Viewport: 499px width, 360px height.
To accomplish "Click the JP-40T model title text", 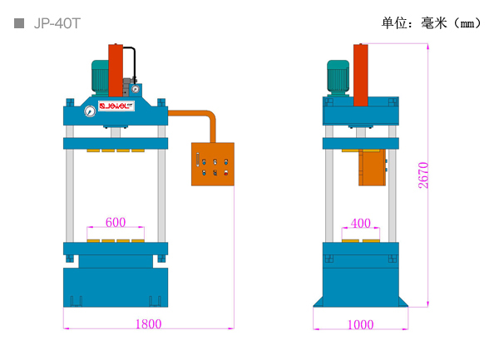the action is [57, 23].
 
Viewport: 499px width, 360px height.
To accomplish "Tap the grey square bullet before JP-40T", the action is [19, 23].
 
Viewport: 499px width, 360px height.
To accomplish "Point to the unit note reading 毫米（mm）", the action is [452, 23].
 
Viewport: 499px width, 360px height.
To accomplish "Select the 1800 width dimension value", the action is [149, 324].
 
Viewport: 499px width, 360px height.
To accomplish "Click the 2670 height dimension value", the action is [423, 175].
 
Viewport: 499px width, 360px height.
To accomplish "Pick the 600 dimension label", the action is [116, 222].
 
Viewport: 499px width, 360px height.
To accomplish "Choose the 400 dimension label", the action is [361, 223].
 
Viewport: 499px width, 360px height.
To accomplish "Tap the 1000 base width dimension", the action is [361, 325].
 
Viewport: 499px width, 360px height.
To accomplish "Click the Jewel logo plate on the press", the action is [116, 106].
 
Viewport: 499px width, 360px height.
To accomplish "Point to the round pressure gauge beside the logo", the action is [90, 111].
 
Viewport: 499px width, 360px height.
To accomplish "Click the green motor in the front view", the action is [101, 77].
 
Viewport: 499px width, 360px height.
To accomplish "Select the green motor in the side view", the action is [338, 77].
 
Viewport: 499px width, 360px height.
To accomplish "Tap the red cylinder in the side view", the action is [361, 75].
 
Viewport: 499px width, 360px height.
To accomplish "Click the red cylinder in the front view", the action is [116, 71].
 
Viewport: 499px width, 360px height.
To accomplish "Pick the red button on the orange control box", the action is [225, 173].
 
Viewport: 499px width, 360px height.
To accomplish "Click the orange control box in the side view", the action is [372, 167].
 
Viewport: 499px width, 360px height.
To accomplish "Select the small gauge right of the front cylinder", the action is [136, 89].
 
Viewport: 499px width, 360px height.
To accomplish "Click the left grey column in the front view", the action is [70, 184].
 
